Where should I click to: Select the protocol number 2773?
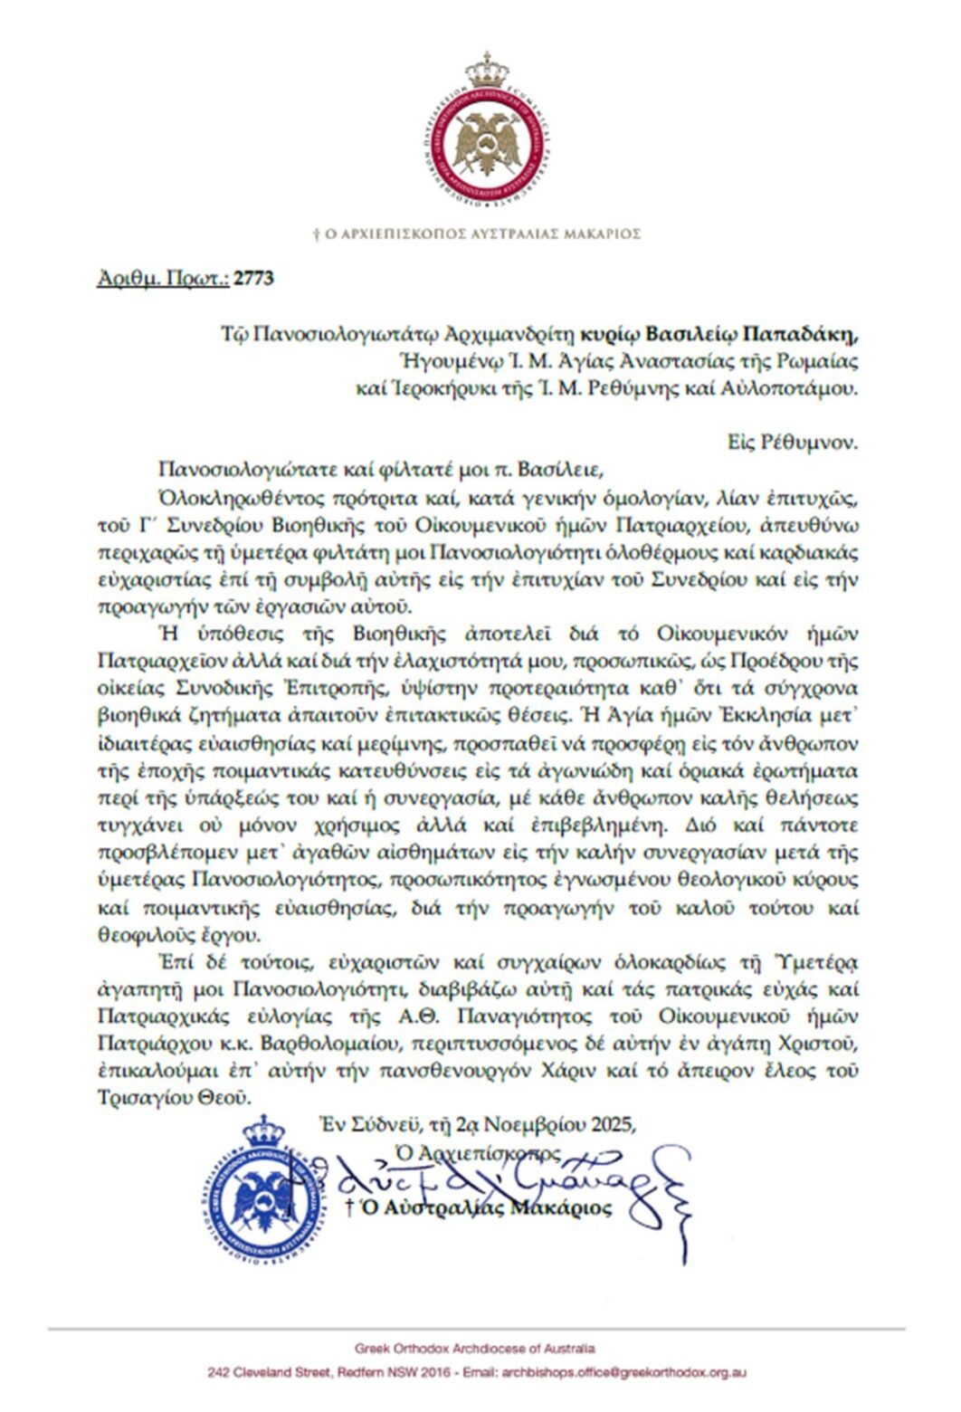[x=253, y=278]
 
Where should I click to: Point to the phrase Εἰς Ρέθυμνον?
[x=793, y=443]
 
